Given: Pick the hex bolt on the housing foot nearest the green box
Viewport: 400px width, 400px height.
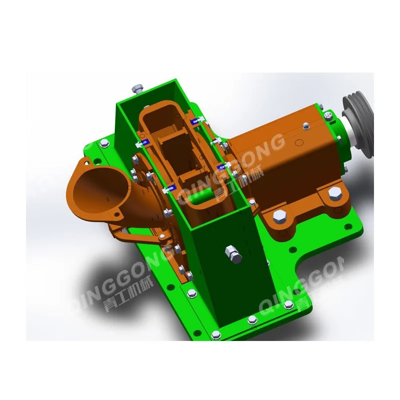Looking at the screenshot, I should click(x=279, y=217).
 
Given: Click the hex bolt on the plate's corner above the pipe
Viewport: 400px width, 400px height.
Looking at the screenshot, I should click(x=105, y=144).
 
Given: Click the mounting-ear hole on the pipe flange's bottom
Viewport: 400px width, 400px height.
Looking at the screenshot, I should click(x=118, y=216).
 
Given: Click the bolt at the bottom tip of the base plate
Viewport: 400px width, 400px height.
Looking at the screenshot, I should click(x=215, y=334).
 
